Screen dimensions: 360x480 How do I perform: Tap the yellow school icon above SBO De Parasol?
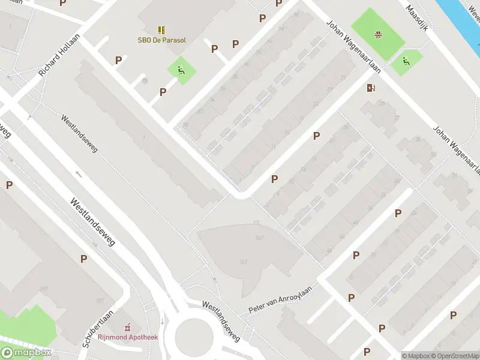161,29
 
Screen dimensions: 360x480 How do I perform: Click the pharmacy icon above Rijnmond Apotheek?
127,328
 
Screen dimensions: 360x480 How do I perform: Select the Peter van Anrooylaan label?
281,299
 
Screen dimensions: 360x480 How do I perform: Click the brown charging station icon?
371,89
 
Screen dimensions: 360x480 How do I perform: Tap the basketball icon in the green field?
377,34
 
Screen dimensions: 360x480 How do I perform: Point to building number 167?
259,239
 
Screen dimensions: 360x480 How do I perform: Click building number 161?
243,261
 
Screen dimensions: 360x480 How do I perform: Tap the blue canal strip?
462,18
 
